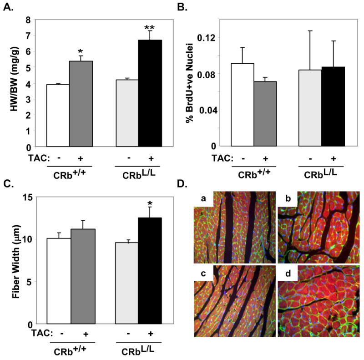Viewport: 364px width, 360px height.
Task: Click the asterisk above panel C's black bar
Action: [x=150, y=201]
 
